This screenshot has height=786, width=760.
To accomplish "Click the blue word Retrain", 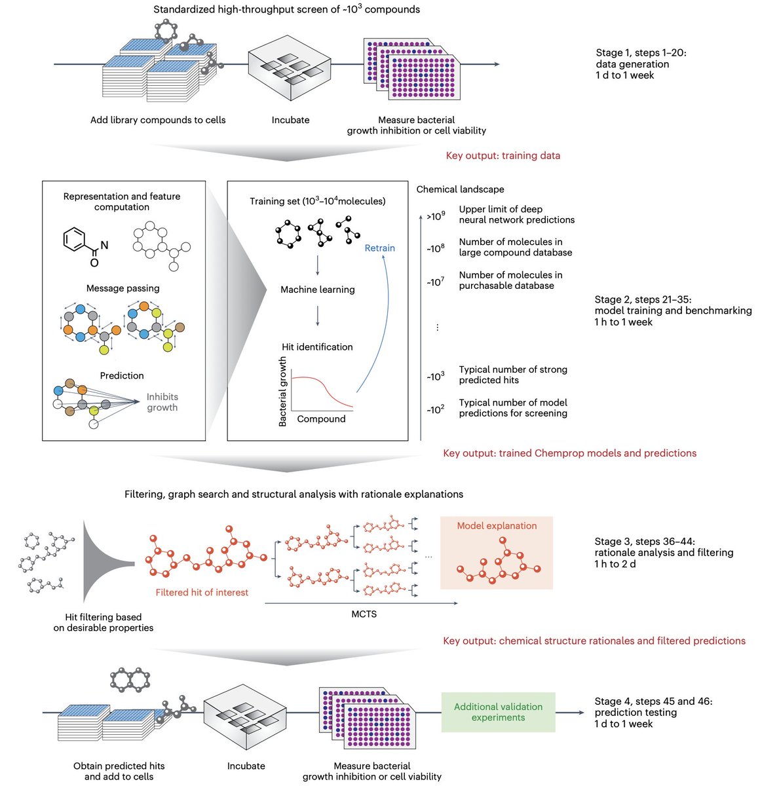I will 380,248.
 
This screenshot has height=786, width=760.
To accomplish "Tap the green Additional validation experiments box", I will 498,712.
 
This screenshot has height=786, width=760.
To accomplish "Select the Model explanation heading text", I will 497,525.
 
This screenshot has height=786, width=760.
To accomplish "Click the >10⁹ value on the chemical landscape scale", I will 435,215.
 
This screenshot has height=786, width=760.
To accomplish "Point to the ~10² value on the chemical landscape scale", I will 435,409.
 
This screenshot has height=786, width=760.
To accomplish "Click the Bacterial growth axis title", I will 283,392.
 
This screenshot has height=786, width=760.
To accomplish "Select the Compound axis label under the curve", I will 321,419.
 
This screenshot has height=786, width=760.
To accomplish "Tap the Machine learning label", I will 318,289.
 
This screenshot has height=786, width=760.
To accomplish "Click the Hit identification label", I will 318,346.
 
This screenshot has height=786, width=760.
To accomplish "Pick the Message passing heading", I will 123,288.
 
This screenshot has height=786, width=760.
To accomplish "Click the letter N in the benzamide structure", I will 104,246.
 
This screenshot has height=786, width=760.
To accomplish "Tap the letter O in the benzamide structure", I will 94,263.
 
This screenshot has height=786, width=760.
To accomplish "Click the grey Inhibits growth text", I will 162,402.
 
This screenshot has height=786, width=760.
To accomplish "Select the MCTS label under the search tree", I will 364,614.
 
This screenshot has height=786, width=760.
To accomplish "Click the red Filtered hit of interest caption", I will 202,592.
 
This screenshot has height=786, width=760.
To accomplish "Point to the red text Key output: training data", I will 503,155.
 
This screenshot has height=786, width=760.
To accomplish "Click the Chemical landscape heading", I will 460,189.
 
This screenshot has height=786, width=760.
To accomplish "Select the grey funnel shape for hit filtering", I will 108,562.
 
